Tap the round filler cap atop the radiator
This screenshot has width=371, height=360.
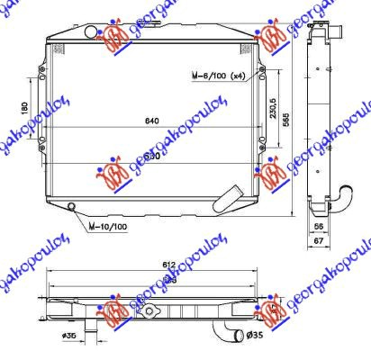pyautogui.click(x=94, y=33)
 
